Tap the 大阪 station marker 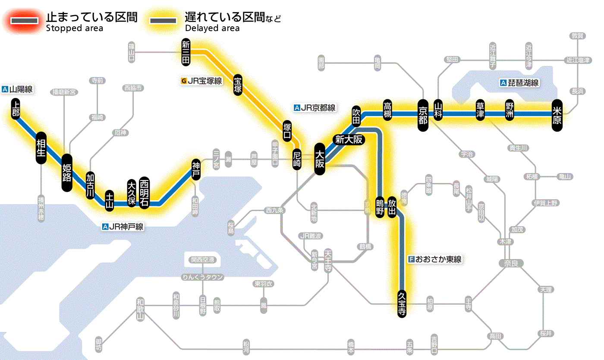[x=320, y=159]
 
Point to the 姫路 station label [x=67, y=173]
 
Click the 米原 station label [x=557, y=115]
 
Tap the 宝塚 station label [x=238, y=85]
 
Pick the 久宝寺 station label [x=402, y=304]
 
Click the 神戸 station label [x=196, y=169]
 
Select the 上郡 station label [x=16, y=109]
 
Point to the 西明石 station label [x=144, y=193]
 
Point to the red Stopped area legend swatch [x=25, y=20]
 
